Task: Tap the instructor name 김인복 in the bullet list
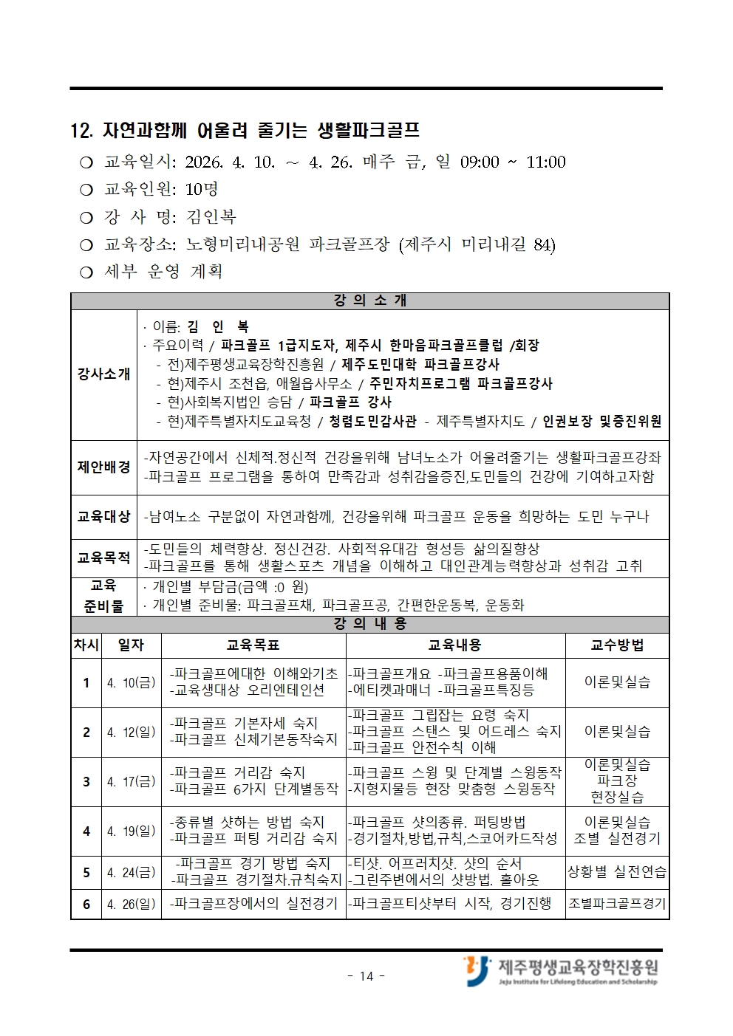tap(211, 217)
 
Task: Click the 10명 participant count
tap(202, 190)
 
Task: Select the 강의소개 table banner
tap(369, 301)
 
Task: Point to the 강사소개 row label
tap(103, 374)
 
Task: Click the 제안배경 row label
tap(103, 467)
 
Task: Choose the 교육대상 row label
tap(103, 516)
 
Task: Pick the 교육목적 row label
tap(103, 558)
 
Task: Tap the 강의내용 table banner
tap(369, 624)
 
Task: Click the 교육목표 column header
tap(253, 645)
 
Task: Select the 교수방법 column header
tap(617, 645)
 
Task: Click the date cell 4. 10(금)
tap(131, 683)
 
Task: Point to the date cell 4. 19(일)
tap(131, 831)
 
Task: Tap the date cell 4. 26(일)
tap(131, 904)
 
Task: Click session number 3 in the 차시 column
tap(86, 782)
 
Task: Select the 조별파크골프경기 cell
tap(617, 904)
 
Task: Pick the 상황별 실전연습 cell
tap(617, 872)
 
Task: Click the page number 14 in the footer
tap(366, 976)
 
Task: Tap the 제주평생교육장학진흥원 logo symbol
tap(477, 970)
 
